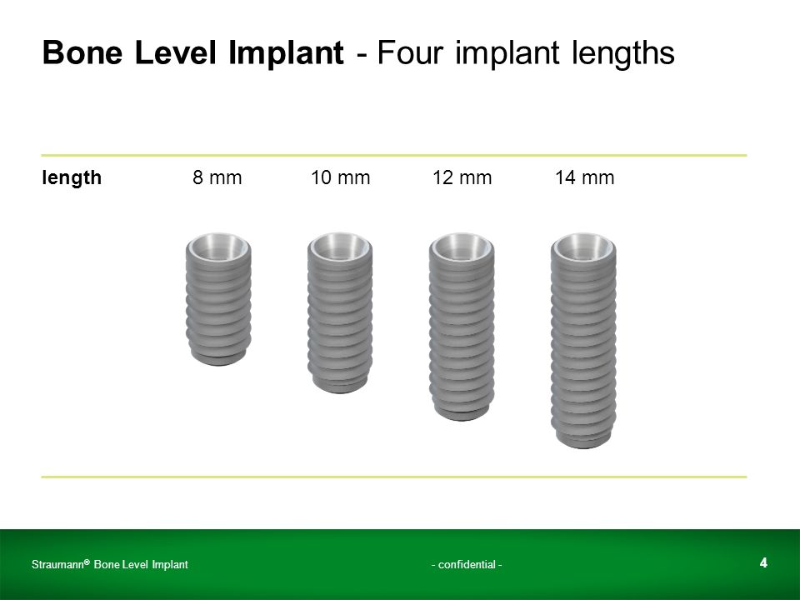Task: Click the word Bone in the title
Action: [82, 52]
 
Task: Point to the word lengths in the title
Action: [623, 53]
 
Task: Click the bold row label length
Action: [72, 178]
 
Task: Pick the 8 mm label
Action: [217, 177]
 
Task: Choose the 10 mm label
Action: [340, 177]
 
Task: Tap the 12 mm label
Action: [462, 177]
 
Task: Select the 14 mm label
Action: [585, 177]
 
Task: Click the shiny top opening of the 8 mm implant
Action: [218, 246]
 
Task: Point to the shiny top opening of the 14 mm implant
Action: [583, 246]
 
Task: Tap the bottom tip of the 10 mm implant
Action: [340, 392]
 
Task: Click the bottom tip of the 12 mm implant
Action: [462, 420]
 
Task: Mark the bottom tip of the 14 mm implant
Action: [584, 447]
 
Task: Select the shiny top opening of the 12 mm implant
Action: [462, 246]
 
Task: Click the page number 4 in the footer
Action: [763, 562]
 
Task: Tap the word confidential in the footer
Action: [467, 564]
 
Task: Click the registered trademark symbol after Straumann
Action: [87, 562]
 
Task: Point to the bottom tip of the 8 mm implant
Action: [218, 365]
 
